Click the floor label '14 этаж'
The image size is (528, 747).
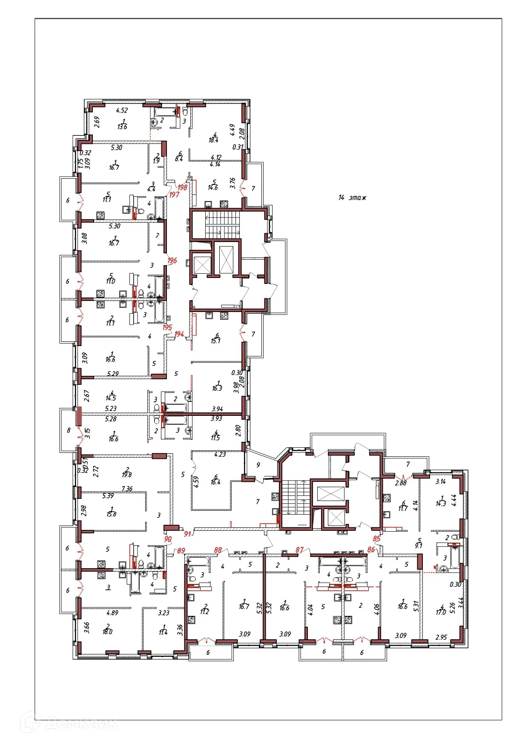coord(352,197)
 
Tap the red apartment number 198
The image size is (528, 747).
coord(182,187)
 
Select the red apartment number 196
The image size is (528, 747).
coord(172,260)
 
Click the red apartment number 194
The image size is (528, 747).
coord(179,334)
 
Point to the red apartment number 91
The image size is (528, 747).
coord(187,534)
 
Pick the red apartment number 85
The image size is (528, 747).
coord(376,538)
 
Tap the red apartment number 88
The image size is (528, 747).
coord(218,550)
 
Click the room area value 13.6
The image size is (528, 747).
coord(122,127)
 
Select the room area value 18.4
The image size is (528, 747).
coord(213,140)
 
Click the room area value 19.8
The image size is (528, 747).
coord(126,475)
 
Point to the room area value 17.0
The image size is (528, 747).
coord(441,612)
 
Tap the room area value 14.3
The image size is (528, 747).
coord(441,503)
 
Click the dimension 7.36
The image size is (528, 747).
coord(127,489)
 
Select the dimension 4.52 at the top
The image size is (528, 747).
coord(122,110)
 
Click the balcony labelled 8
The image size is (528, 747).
coord(69,430)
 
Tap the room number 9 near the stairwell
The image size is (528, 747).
coord(258,465)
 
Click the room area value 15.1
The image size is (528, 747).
coord(216,341)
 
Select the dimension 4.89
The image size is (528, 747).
coord(112,613)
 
